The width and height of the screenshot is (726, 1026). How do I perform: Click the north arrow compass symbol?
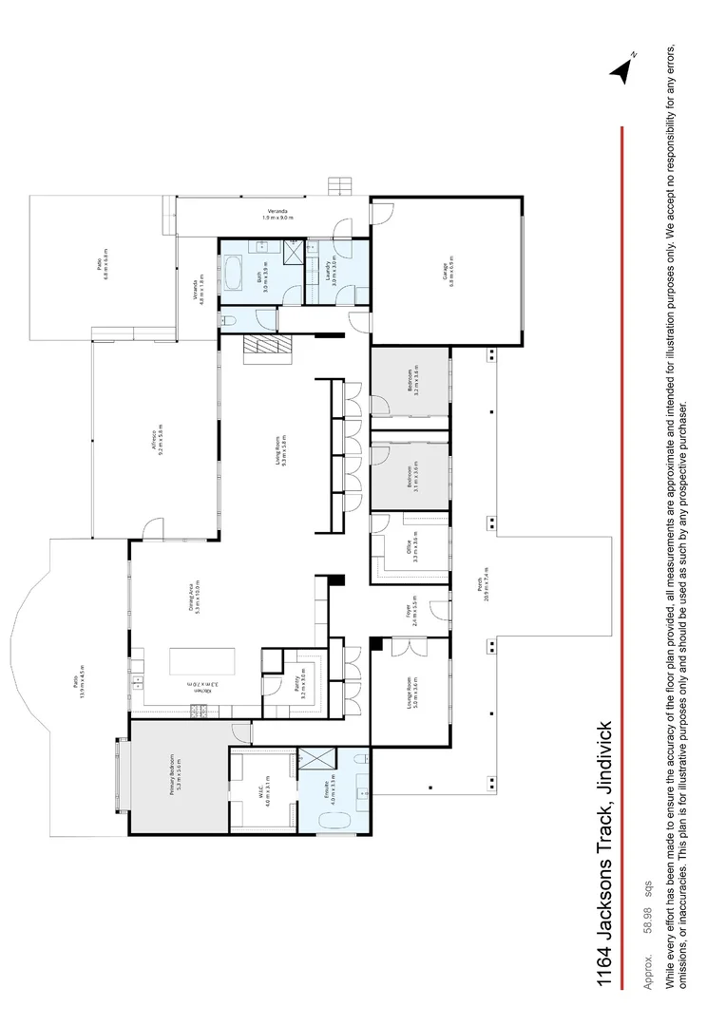pyautogui.click(x=622, y=70)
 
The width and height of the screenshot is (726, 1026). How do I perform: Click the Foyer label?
pyautogui.click(x=412, y=607)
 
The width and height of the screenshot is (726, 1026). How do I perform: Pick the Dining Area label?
pyautogui.click(x=194, y=598)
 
